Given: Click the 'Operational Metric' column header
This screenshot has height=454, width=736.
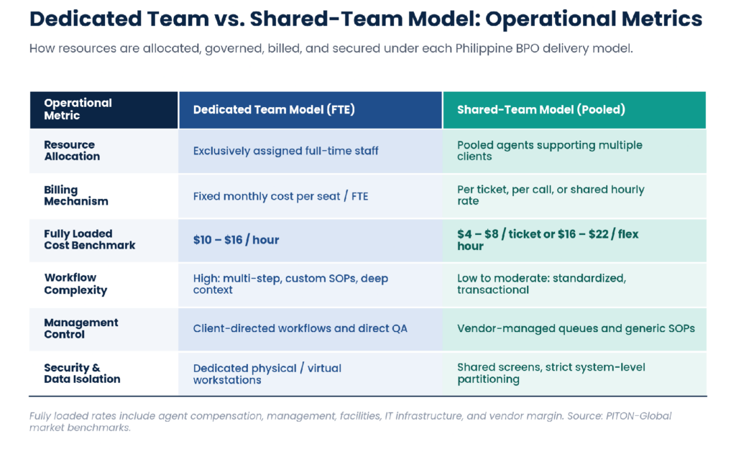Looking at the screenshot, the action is pyautogui.click(x=78, y=109).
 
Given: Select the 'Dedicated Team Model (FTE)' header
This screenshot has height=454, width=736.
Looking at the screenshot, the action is pyautogui.click(x=274, y=110).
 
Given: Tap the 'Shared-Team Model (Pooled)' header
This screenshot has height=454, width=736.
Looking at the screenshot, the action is pyautogui.click(x=540, y=110).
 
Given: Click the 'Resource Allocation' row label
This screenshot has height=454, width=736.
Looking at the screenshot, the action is pyautogui.click(x=72, y=151).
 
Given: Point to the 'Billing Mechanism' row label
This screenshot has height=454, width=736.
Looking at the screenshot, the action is pyautogui.click(x=76, y=195).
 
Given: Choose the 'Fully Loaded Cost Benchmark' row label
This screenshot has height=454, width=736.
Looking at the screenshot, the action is pyautogui.click(x=90, y=240).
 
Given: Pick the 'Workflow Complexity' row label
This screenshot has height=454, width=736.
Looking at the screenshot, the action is pyautogui.click(x=75, y=284).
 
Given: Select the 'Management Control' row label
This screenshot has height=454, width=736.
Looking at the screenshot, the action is pyautogui.click(x=80, y=328).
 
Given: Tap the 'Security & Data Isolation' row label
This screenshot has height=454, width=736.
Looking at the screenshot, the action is pyautogui.click(x=82, y=374).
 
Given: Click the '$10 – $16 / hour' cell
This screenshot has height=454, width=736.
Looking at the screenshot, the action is pyautogui.click(x=236, y=240).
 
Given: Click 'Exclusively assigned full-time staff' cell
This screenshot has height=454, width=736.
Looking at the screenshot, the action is pyautogui.click(x=285, y=151).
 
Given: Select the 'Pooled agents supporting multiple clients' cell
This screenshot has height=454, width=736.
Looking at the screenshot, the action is pyautogui.click(x=550, y=151).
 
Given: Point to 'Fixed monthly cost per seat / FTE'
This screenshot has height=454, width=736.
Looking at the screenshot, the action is pyautogui.click(x=281, y=196).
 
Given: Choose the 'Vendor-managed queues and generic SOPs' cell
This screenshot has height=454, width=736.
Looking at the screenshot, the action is pyautogui.click(x=576, y=328).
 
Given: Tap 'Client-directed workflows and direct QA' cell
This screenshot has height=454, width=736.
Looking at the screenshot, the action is pyautogui.click(x=300, y=328).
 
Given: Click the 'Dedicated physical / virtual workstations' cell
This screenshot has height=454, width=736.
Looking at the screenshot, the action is pyautogui.click(x=267, y=374).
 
